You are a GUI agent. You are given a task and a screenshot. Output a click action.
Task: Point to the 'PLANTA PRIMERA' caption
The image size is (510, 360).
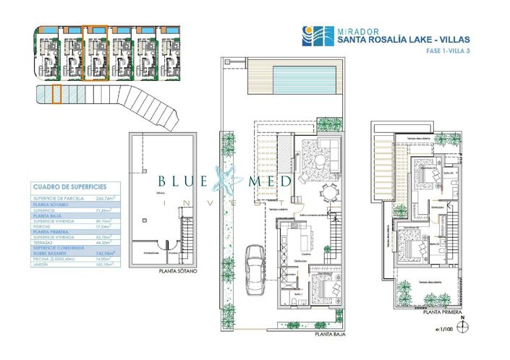click(x=443, y=312)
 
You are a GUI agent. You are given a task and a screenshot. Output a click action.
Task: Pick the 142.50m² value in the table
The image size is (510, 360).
click(x=106, y=253)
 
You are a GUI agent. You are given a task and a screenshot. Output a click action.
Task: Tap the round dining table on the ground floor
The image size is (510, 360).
click(x=330, y=191)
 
